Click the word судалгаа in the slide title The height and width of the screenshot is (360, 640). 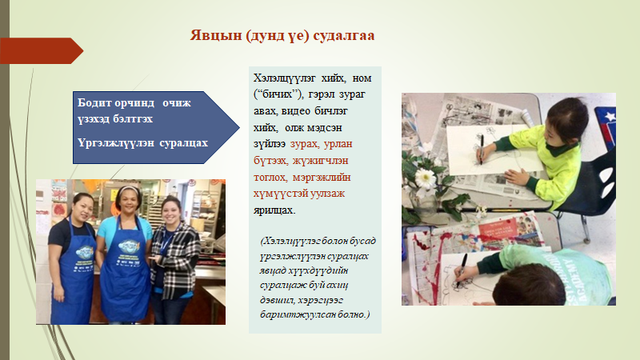(x=344, y=36)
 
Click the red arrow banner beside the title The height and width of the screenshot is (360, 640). (x=42, y=50)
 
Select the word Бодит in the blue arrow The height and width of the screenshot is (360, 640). (x=94, y=102)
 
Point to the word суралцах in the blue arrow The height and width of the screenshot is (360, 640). (x=183, y=143)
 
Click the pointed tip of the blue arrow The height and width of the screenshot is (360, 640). (x=239, y=127)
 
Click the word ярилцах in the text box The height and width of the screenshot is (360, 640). (x=274, y=210)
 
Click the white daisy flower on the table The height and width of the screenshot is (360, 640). (x=426, y=178)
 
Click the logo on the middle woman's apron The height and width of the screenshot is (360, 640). (x=129, y=246)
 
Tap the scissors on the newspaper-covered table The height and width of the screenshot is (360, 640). (x=449, y=107)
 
